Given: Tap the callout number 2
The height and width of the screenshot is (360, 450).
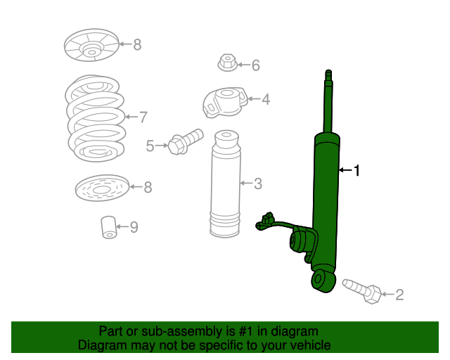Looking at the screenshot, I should (399, 295).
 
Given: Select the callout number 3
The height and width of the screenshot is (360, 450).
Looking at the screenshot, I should (257, 184).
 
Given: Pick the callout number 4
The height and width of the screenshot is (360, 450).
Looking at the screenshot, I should (265, 100).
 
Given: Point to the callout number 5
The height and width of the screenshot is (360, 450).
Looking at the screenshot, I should (150, 146).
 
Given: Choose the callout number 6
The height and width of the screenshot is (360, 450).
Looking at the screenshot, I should (255, 66).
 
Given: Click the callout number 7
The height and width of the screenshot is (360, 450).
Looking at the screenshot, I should (143, 117).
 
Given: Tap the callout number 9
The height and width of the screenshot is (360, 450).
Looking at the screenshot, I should (133, 226).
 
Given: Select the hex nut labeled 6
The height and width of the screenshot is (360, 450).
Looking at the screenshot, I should (226, 63).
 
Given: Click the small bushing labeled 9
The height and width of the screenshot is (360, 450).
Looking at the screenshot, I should (108, 227).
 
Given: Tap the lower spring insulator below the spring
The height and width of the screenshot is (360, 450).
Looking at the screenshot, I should (101, 187).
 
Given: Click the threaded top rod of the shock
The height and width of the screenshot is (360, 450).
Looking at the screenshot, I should (328, 98).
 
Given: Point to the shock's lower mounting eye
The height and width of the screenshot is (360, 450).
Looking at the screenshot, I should (321, 280).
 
